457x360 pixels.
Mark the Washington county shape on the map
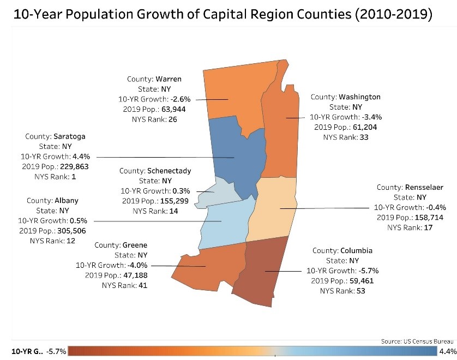[x=284, y=136]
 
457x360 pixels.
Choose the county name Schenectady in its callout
[x=170, y=171]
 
